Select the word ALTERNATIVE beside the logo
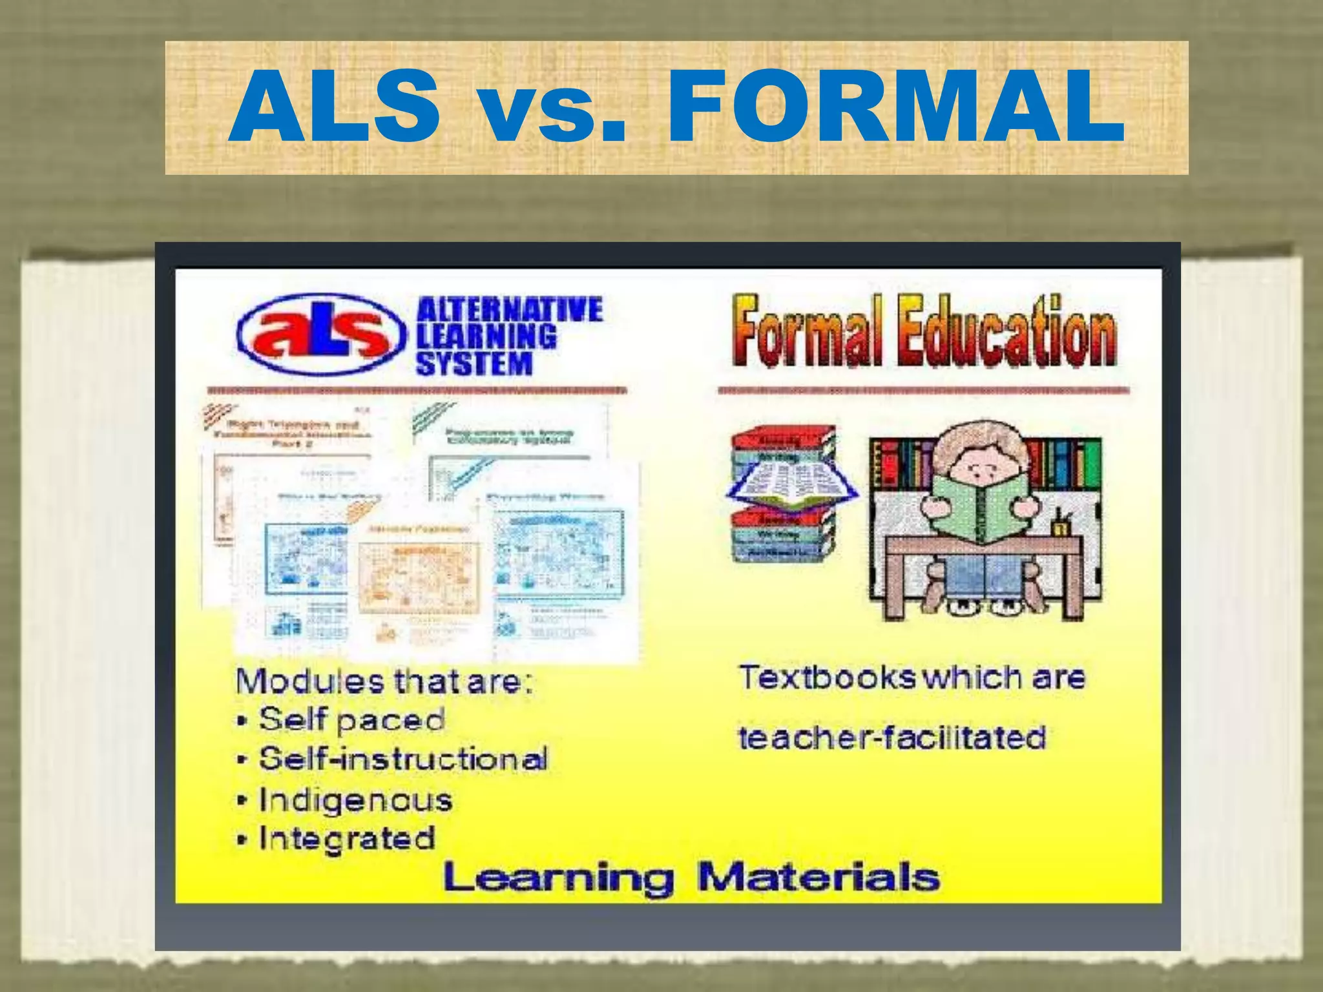[510, 310]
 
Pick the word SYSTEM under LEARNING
[474, 364]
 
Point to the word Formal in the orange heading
[807, 331]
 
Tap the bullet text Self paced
[352, 719]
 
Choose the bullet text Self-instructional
[403, 759]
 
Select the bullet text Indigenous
[355, 801]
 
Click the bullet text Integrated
[347, 839]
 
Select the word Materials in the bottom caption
[818, 878]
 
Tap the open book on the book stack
[792, 488]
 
